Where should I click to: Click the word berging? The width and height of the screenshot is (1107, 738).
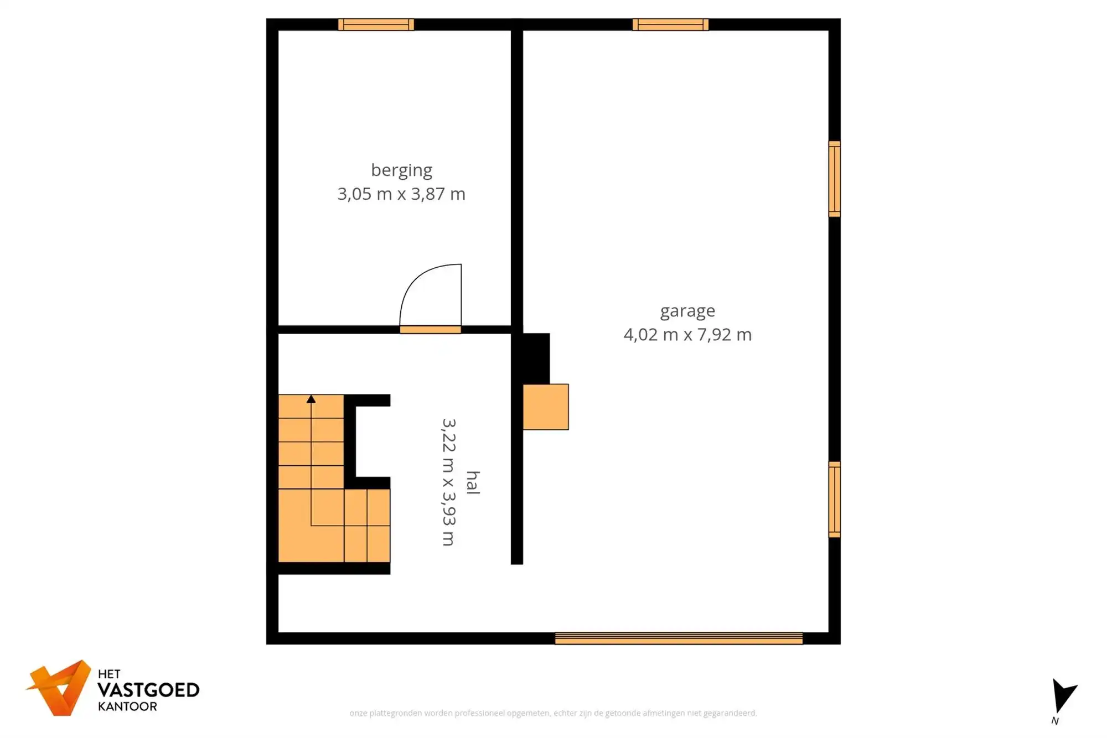click(x=401, y=170)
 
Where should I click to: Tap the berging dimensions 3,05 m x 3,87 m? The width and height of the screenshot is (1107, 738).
click(x=401, y=194)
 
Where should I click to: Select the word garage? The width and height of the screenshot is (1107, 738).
click(x=687, y=311)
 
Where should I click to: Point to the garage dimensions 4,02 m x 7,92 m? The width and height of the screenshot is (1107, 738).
click(x=687, y=335)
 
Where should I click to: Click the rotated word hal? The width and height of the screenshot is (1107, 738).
click(x=473, y=482)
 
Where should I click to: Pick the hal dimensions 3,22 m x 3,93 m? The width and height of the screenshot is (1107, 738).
click(x=448, y=482)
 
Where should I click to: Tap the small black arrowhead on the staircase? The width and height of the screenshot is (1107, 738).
click(x=311, y=399)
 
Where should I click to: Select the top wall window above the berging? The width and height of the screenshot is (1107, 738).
click(x=376, y=24)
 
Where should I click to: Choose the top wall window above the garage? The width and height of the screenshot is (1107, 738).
click(x=670, y=24)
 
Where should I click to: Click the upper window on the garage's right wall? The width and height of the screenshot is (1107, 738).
click(x=834, y=179)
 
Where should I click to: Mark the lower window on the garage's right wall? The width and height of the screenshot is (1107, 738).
click(x=834, y=499)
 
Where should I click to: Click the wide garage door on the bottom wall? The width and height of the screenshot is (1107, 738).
click(x=679, y=638)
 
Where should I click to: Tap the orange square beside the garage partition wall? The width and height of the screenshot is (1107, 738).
click(x=546, y=407)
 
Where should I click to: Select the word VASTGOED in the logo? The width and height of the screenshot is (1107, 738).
click(x=148, y=690)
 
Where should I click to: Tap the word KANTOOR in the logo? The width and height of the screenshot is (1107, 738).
click(x=127, y=706)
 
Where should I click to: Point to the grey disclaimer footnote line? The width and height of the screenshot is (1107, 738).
click(x=553, y=713)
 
